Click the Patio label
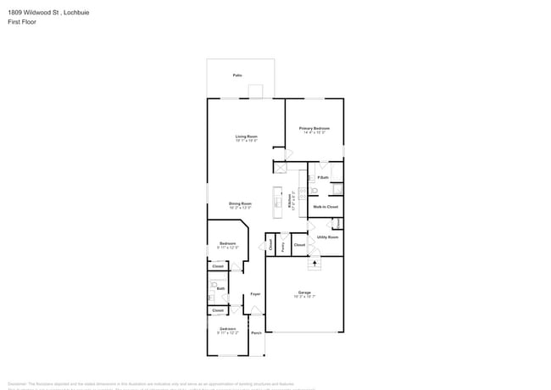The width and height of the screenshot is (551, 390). tap(238, 75)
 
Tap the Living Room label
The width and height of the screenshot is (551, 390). tap(247, 136)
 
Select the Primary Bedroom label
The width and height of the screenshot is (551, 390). tap(314, 129)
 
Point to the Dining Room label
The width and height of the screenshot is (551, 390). tap(240, 203)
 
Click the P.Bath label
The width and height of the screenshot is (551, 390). tap(323, 177)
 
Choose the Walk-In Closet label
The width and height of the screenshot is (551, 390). tap(326, 207)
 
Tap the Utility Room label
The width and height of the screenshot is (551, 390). tap(327, 237)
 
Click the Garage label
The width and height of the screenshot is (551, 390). tap(304, 293)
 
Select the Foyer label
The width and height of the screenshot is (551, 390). tap(254, 293)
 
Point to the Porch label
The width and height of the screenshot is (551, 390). tap(256, 333)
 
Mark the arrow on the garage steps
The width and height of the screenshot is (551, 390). tap(315, 264)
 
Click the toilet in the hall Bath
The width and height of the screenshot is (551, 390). tap(211, 297)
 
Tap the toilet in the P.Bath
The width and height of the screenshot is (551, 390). tap(312, 178)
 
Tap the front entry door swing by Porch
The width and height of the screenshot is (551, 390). tap(256, 312)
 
